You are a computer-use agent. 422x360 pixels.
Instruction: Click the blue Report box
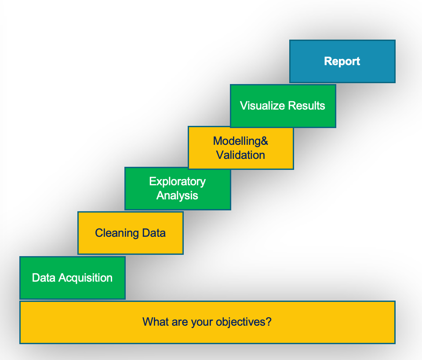(x=342, y=61)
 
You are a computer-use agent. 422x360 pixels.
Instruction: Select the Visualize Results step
(x=283, y=106)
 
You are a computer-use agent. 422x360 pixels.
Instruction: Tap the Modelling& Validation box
(x=240, y=148)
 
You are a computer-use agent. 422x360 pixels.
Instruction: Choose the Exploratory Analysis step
(x=178, y=188)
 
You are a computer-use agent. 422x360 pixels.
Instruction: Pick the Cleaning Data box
(x=130, y=233)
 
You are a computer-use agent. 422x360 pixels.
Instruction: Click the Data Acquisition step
(x=72, y=278)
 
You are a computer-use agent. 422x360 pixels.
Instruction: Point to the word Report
(x=342, y=61)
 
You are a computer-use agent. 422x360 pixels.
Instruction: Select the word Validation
(x=240, y=155)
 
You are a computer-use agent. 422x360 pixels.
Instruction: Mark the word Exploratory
(x=177, y=181)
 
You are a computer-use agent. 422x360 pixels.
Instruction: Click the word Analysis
(x=177, y=195)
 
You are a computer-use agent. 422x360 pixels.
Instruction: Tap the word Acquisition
(x=86, y=278)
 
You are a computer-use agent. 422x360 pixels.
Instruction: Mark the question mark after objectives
(x=269, y=322)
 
